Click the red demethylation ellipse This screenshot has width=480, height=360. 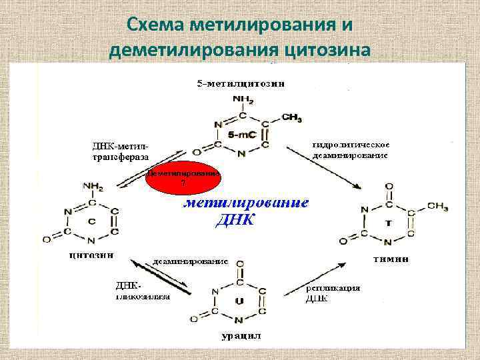click(x=184, y=178)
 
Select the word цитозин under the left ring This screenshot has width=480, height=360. click(x=91, y=254)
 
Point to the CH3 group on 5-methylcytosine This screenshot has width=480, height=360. click(x=291, y=117)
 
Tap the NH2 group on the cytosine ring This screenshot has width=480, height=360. click(x=91, y=187)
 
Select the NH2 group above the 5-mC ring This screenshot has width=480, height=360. click(x=241, y=99)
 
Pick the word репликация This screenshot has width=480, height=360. click(x=333, y=288)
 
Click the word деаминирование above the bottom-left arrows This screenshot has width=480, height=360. click(x=191, y=261)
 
